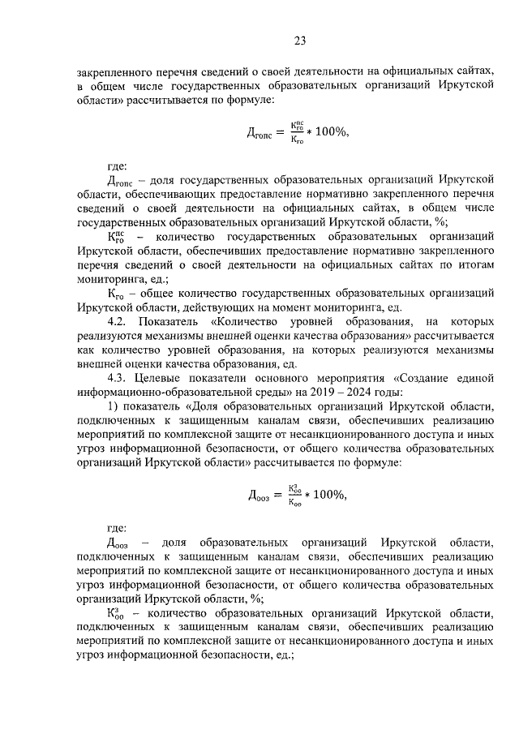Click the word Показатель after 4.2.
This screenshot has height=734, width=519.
pyautogui.click(x=174, y=322)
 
